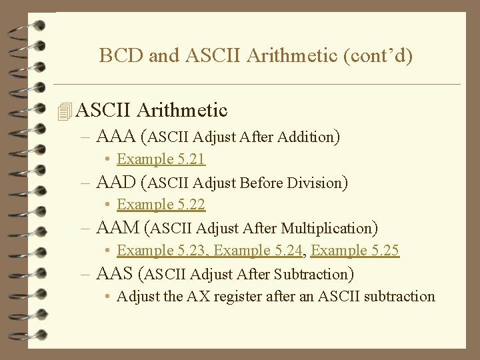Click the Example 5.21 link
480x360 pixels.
pyautogui.click(x=161, y=159)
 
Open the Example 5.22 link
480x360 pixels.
pyautogui.click(x=161, y=205)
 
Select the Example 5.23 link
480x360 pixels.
pyautogui.click(x=162, y=251)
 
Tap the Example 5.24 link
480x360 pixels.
pyautogui.click(x=259, y=251)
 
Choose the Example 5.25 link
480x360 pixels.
pyautogui.click(x=355, y=251)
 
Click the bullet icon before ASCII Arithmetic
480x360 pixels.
pyautogui.click(x=64, y=111)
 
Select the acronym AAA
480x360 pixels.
pyautogui.click(x=116, y=137)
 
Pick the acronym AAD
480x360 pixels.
pyautogui.click(x=116, y=183)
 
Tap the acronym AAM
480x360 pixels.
pyautogui.click(x=117, y=228)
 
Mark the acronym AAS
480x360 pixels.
pyautogui.click(x=115, y=273)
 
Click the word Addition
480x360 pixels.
pyautogui.click(x=307, y=138)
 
